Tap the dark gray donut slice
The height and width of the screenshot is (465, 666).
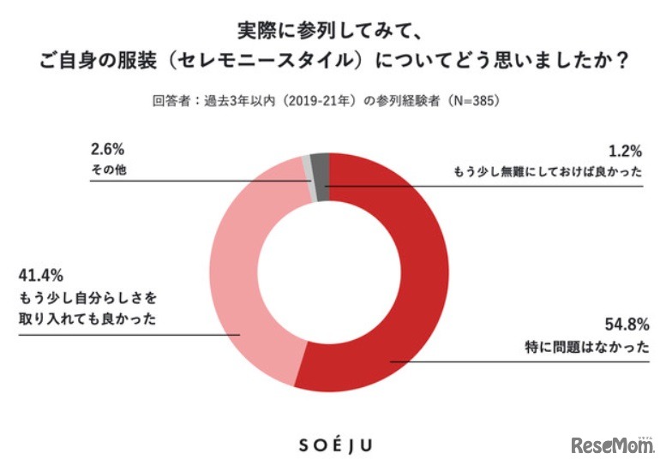click(x=320, y=165)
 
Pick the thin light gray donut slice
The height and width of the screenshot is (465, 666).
click(x=307, y=168)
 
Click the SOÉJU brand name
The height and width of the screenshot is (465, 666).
click(x=333, y=445)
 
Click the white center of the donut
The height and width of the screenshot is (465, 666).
click(x=330, y=271)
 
